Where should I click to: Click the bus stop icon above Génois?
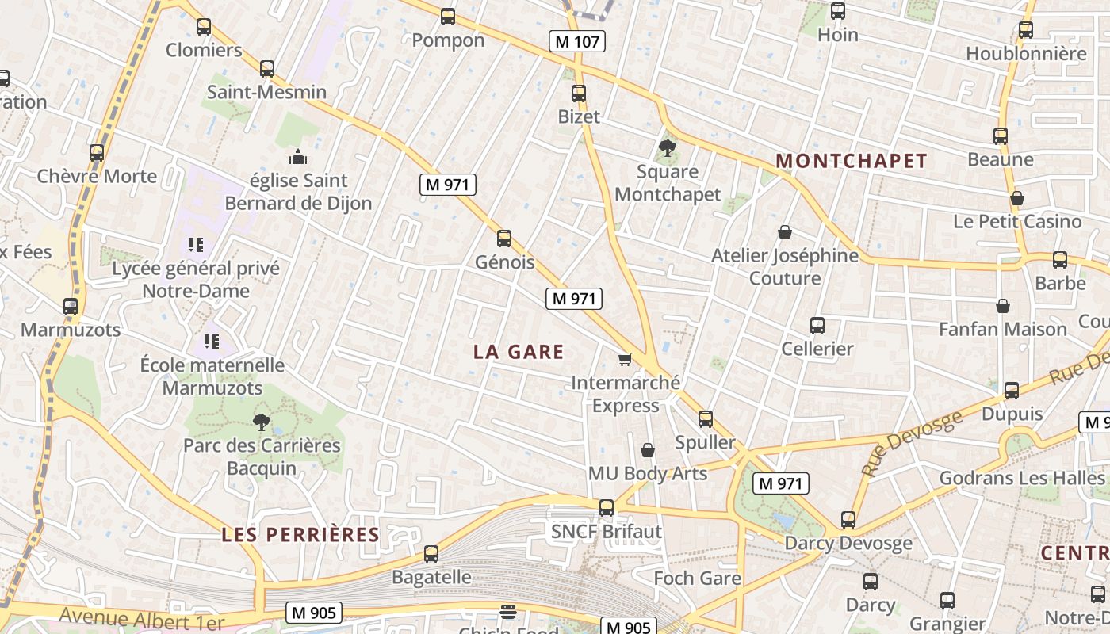[x=504, y=238]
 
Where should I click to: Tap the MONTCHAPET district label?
[x=851, y=161]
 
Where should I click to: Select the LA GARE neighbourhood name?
[x=519, y=352]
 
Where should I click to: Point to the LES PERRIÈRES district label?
[x=300, y=534]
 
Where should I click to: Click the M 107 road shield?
[x=577, y=41]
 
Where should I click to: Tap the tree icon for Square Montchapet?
[x=667, y=147]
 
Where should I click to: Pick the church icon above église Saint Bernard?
[x=298, y=157]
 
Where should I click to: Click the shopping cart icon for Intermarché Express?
[x=626, y=360]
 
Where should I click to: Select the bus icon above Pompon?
[x=448, y=16]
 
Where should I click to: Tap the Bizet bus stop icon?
[x=579, y=93]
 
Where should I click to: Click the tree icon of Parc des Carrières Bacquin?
[x=261, y=422]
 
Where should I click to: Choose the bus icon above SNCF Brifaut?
[x=607, y=507]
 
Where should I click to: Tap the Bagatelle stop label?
[x=431, y=577]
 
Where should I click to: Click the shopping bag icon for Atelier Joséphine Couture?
[x=785, y=232]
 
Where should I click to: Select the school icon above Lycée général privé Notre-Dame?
[x=196, y=245]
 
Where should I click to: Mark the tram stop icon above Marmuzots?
[x=71, y=306]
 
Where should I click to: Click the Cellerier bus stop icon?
[x=817, y=325]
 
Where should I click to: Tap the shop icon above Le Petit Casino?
[x=1017, y=198]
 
